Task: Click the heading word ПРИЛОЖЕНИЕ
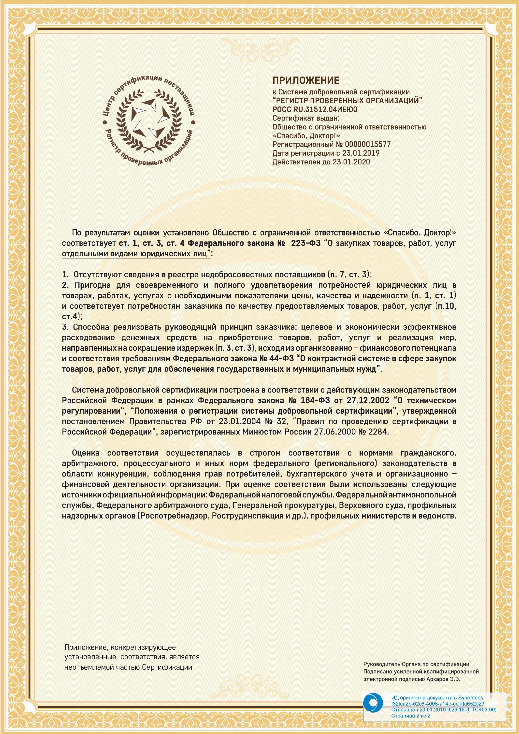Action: click(306, 80)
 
